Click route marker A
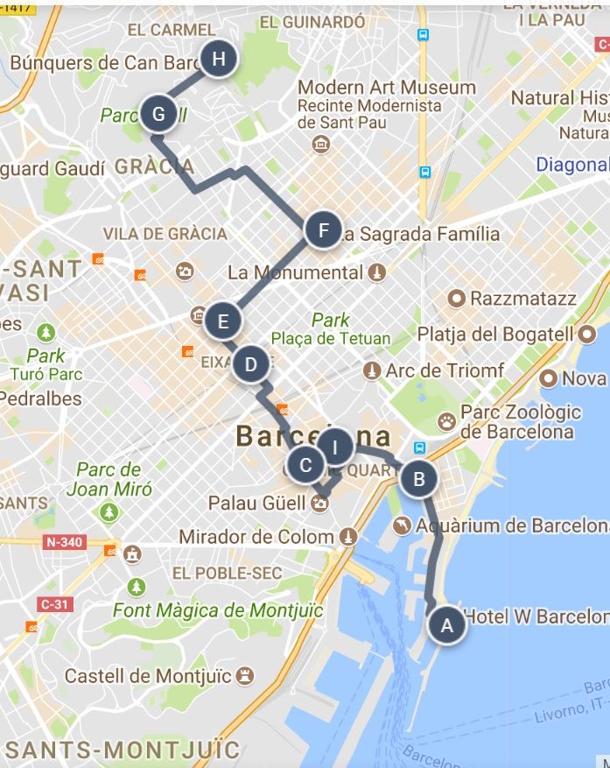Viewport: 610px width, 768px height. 447,625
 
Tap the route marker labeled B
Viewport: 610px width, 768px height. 419,478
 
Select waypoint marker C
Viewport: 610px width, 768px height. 305,464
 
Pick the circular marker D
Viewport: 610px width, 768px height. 251,364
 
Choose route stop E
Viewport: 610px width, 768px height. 223,321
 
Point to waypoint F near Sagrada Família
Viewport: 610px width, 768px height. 324,230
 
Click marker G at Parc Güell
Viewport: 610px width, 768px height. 158,114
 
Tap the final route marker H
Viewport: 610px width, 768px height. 219,59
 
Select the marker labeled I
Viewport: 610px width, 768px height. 334,447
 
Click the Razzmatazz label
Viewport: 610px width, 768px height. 523,299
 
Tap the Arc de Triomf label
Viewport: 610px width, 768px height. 445,370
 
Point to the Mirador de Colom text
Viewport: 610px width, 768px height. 257,536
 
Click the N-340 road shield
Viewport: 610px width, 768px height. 65,542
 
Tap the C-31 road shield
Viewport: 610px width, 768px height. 55,603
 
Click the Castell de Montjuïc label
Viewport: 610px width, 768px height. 148,676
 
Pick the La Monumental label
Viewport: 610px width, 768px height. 295,272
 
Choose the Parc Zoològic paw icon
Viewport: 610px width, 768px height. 446,420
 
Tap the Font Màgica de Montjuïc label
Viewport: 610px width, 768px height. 218,609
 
